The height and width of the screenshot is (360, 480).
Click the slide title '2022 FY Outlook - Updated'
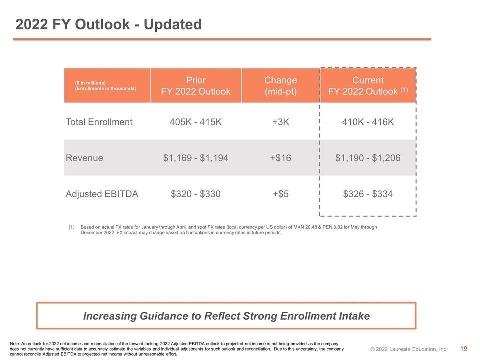click(x=108, y=25)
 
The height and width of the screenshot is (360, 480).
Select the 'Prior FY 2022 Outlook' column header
click(x=196, y=86)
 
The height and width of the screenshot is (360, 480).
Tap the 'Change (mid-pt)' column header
click(x=280, y=86)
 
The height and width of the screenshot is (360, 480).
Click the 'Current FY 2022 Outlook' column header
click(x=368, y=86)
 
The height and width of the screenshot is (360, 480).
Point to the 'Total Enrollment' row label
click(x=99, y=122)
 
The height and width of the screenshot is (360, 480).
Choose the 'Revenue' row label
click(x=84, y=158)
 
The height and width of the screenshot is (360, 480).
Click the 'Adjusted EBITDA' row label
click(x=102, y=194)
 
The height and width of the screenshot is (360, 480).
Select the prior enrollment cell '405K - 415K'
click(x=196, y=122)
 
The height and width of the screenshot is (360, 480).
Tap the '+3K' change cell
click(x=280, y=122)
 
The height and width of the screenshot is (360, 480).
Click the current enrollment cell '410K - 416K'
click(x=368, y=122)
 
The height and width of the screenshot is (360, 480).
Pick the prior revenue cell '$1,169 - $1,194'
click(x=196, y=158)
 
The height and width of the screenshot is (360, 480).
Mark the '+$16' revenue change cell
click(x=280, y=158)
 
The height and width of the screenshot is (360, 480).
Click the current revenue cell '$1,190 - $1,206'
click(x=368, y=158)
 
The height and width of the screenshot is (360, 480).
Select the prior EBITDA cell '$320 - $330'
click(x=196, y=194)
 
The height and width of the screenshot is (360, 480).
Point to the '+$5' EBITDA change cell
click(x=280, y=194)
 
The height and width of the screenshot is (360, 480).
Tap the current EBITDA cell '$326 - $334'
click(x=368, y=194)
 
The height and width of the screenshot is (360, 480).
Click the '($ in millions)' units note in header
click(x=90, y=83)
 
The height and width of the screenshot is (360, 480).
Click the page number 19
click(x=464, y=349)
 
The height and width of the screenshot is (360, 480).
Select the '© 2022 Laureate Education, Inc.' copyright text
click(x=409, y=349)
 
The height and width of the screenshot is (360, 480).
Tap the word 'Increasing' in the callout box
click(x=110, y=316)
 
